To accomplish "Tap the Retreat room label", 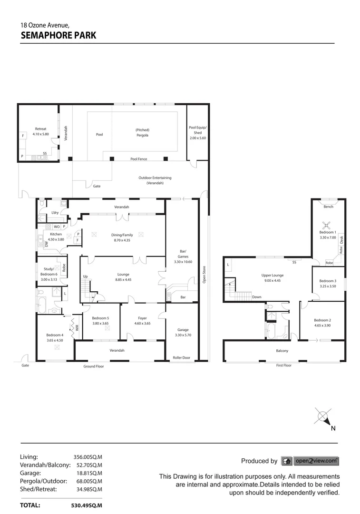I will [40, 129].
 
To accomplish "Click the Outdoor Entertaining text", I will [155, 178].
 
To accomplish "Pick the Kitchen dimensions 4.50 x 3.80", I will [56, 239].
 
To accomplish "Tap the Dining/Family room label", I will [122, 235].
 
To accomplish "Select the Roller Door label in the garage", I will [181, 357].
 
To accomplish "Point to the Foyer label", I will [142, 318].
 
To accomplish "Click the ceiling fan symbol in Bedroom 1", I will [327, 226].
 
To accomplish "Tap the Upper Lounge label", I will [272, 275].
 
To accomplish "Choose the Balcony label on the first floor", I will [282, 351].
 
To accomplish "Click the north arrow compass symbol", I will [324, 417].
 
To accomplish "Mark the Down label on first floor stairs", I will [257, 297].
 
